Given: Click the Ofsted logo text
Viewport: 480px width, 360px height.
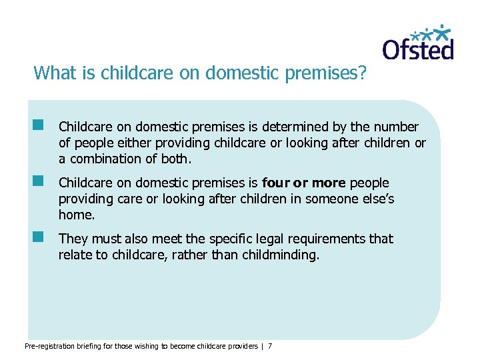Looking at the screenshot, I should click(x=417, y=48).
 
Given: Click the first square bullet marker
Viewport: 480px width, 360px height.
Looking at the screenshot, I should click(x=39, y=125).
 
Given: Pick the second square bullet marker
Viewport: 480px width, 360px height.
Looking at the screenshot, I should click(x=39, y=181).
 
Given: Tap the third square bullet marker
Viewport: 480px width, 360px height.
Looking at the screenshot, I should click(x=39, y=237).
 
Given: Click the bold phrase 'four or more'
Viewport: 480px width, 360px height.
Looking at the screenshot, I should click(x=304, y=183).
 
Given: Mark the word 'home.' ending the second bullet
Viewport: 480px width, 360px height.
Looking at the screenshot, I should click(x=77, y=215).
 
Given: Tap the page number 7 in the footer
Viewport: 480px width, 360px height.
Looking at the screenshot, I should click(x=270, y=346).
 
